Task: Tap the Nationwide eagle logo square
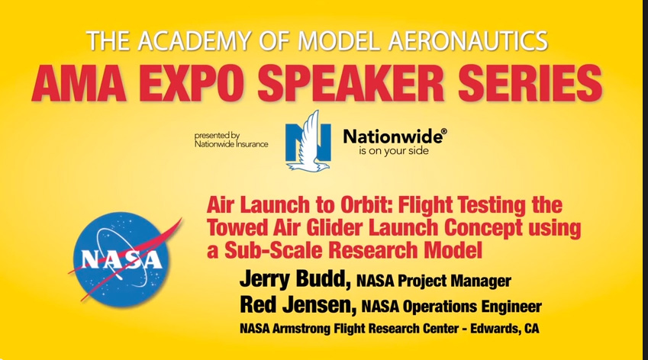(308, 141)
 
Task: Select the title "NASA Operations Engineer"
(451, 307)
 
